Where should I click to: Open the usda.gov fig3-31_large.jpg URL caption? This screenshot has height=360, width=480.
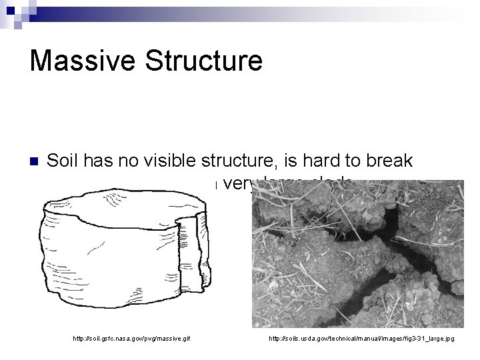click(361, 339)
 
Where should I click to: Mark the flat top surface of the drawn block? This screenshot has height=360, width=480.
click(120, 203)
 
